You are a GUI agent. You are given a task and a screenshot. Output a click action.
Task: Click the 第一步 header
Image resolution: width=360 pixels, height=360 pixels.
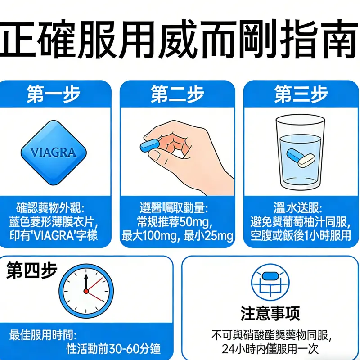(53, 94)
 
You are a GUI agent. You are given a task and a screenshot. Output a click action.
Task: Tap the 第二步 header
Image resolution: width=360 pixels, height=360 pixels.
(177, 94)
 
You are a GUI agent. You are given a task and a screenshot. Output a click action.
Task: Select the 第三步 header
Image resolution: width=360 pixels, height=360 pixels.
(301, 94)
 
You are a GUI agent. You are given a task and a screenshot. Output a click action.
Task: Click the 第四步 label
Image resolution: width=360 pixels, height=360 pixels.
(32, 271)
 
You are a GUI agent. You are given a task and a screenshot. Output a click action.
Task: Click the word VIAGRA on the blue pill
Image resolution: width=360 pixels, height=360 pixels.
(53, 153)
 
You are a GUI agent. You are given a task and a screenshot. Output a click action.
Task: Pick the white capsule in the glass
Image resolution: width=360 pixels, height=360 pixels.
(307, 160)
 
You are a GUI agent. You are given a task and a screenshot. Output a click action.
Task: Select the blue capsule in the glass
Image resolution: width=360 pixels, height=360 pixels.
(294, 154)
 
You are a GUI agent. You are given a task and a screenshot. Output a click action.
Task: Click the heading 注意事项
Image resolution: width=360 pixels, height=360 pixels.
(270, 313)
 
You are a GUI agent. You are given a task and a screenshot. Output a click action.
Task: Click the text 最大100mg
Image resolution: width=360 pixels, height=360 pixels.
(149, 235)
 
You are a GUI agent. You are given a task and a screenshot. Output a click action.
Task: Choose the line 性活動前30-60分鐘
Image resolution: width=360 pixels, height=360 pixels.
(113, 349)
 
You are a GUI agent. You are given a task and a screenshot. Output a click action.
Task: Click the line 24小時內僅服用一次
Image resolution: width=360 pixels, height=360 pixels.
(270, 349)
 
